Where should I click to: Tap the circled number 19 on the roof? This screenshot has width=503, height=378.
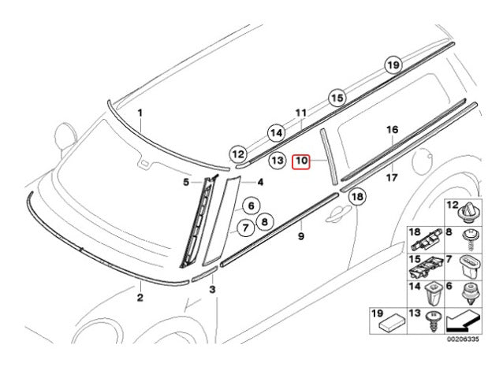point(393,66)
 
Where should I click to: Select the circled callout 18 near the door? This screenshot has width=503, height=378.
point(357,197)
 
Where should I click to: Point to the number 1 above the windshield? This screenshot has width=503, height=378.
point(140,113)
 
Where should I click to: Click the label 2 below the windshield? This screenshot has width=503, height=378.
point(140,298)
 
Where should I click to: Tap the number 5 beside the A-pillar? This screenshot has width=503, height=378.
point(187,183)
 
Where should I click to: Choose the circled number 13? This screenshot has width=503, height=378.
point(276,160)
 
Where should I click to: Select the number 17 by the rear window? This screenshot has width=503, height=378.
point(392,178)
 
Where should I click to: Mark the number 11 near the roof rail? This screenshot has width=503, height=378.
point(300,113)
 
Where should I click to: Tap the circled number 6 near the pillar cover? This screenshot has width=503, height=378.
point(251,206)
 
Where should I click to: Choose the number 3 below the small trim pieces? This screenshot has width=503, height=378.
point(212,291)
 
